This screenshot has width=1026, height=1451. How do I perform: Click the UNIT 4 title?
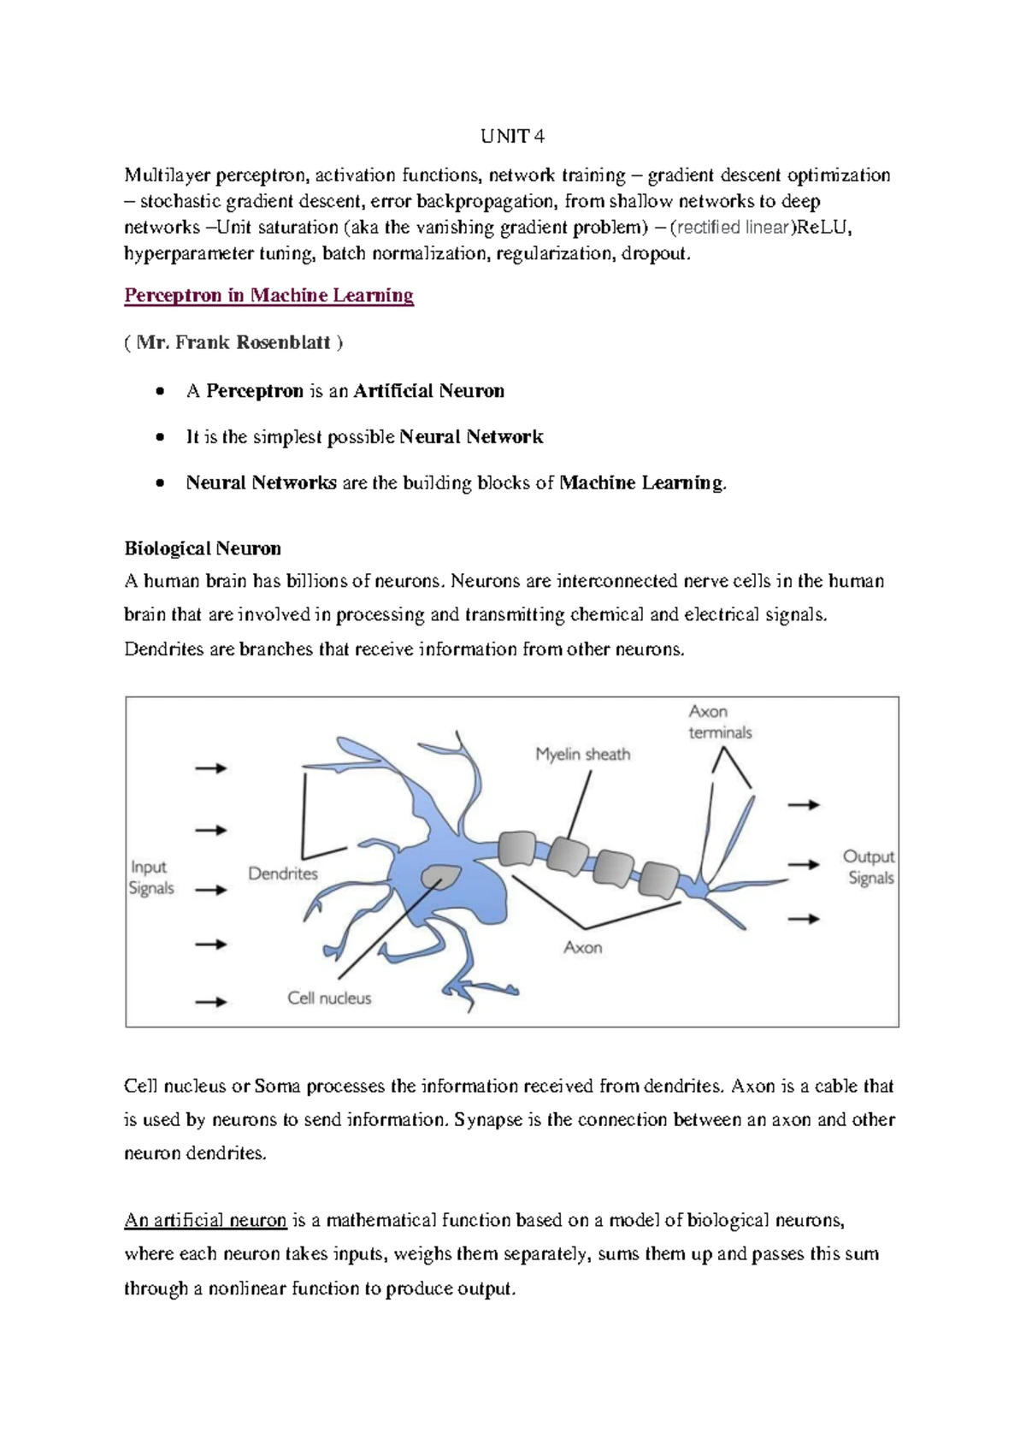pyautogui.click(x=511, y=136)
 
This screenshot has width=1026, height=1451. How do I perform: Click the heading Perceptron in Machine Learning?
pyautogui.click(x=268, y=295)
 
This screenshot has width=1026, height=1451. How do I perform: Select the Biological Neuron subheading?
pyautogui.click(x=203, y=548)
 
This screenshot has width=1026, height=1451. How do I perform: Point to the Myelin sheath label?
pyautogui.click(x=582, y=754)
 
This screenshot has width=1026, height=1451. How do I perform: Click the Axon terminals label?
pyautogui.click(x=720, y=722)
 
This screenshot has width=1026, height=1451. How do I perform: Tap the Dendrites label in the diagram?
pyautogui.click(x=283, y=874)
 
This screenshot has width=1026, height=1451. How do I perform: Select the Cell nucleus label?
pyautogui.click(x=329, y=998)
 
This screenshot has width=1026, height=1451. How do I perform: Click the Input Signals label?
pyautogui.click(x=151, y=878)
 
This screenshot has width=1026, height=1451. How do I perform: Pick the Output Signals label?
pyautogui.click(x=869, y=867)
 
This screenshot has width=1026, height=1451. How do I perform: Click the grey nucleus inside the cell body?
pyautogui.click(x=441, y=876)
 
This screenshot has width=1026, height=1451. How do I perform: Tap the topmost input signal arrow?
pyautogui.click(x=210, y=768)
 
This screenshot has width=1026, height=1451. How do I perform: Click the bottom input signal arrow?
pyautogui.click(x=210, y=1001)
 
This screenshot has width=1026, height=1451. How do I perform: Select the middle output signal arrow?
pyautogui.click(x=804, y=864)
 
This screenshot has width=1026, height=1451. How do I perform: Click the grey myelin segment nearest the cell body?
pyautogui.click(x=516, y=849)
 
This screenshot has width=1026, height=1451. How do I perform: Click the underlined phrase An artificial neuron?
pyautogui.click(x=205, y=1220)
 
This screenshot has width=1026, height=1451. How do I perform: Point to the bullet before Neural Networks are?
pyautogui.click(x=160, y=483)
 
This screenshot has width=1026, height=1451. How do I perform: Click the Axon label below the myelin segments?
pyautogui.click(x=582, y=947)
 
